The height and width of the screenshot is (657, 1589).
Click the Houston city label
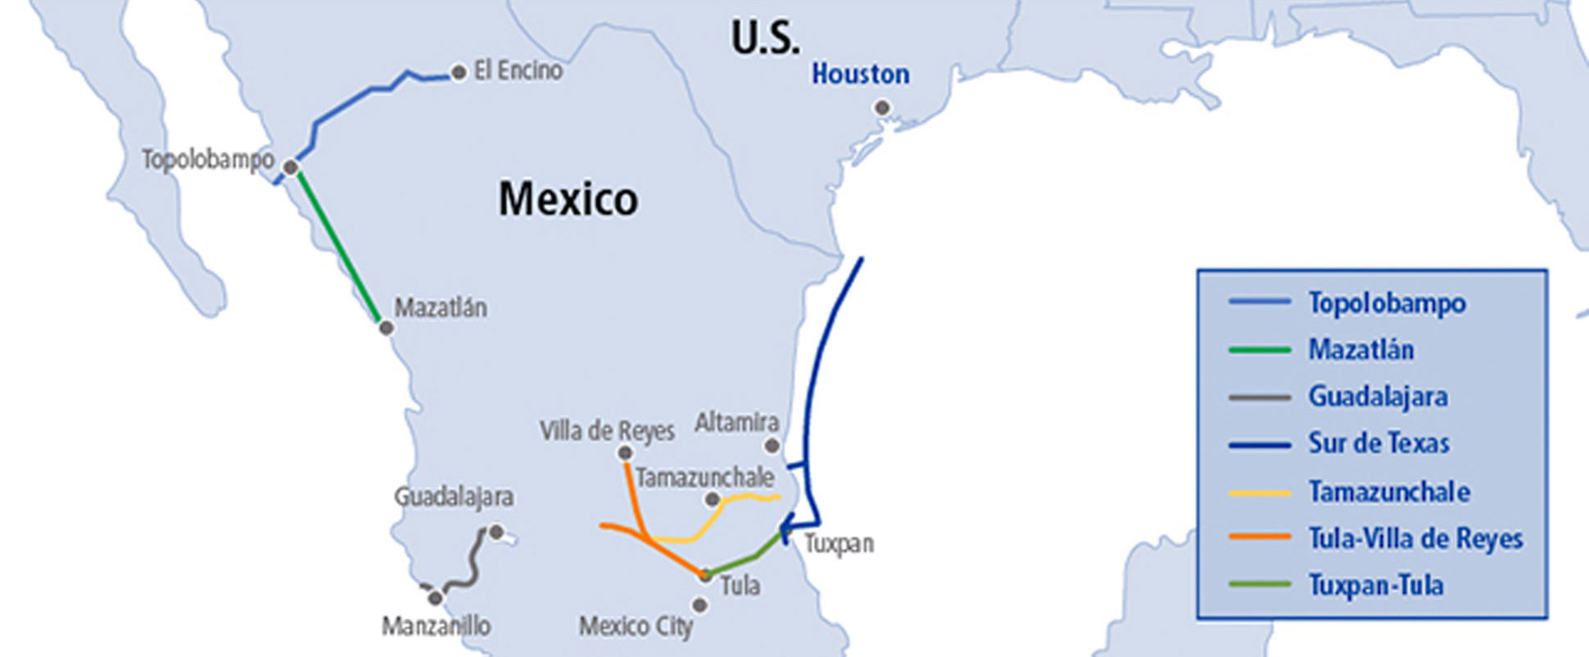[860, 75]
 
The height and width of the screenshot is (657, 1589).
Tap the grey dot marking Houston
[882, 107]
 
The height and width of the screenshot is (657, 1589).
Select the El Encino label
[518, 70]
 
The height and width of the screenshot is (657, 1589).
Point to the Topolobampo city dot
[290, 168]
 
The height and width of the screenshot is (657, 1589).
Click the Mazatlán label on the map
[441, 308]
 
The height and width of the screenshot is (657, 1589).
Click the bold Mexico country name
[568, 199]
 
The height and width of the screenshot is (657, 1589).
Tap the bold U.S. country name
[765, 38]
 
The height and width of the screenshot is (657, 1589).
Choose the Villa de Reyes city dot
[625, 453]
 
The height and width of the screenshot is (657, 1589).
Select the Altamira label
[736, 423]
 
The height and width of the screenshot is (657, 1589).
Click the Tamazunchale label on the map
[704, 477]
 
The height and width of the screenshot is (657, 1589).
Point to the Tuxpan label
[839, 543]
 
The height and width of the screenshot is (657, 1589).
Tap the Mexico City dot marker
[699, 605]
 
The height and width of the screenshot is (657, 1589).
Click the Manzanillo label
[436, 627]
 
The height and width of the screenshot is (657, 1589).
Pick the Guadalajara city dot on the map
[496, 532]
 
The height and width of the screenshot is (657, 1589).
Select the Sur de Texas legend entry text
[1378, 443]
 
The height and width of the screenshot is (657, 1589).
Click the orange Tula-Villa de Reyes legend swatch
[1260, 537]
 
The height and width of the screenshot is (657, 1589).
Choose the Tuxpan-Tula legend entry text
[1375, 586]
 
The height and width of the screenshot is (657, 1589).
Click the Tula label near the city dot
[740, 586]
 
